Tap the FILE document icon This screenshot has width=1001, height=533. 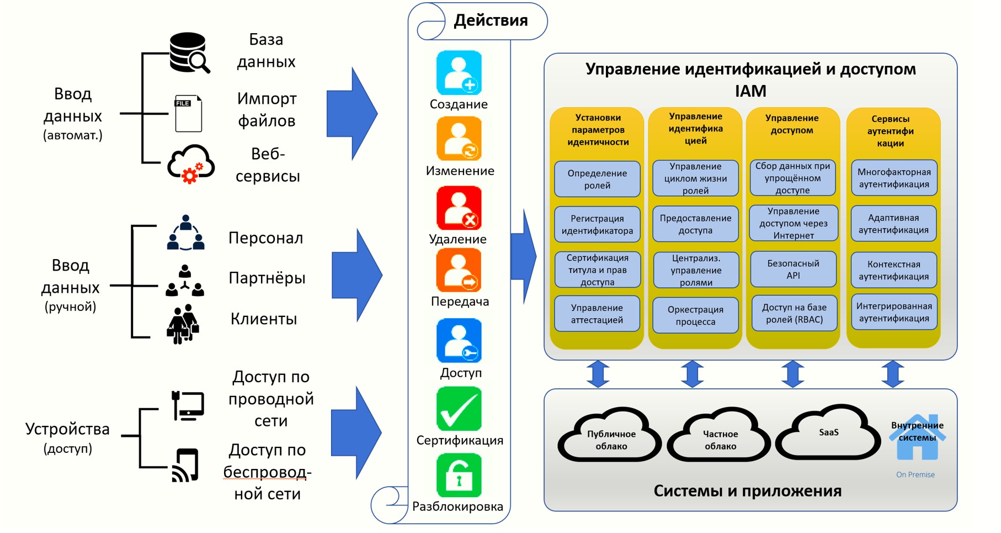[x=188, y=113]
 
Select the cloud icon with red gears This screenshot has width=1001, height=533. [x=191, y=163]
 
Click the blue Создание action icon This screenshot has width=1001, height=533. [x=459, y=73]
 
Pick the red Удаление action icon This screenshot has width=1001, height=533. [x=459, y=208]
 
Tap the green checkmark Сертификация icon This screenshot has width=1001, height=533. [x=459, y=409]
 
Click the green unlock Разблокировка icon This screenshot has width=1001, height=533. [x=459, y=476]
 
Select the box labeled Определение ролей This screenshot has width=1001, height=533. [x=597, y=179]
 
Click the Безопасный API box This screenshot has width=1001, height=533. [x=793, y=270]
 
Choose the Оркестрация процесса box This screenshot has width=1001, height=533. [x=695, y=315]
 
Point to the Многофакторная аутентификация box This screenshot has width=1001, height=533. [x=894, y=178]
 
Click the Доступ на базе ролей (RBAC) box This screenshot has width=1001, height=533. [x=794, y=313]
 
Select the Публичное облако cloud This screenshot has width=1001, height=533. [x=611, y=440]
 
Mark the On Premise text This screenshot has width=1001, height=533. [x=915, y=474]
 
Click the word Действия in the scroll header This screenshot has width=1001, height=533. [x=491, y=20]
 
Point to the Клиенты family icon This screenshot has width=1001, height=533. [x=183, y=324]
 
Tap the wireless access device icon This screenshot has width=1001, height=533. [x=185, y=466]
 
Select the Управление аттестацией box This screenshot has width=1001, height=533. [x=597, y=314]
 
